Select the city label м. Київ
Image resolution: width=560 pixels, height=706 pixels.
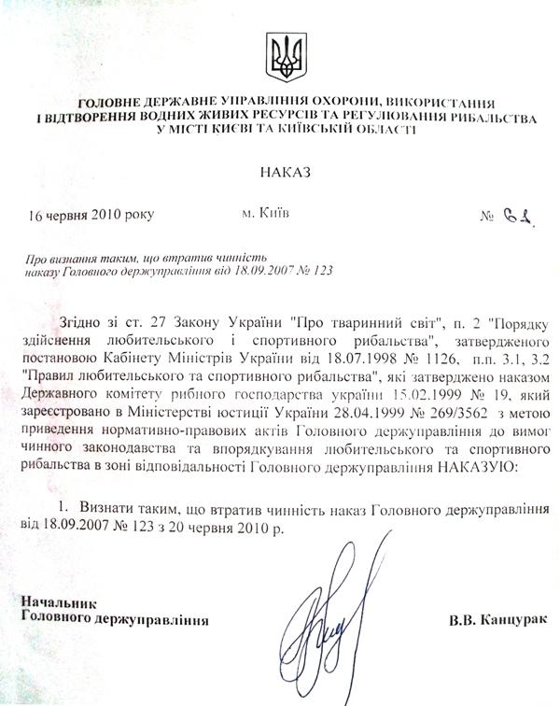(x=265, y=213)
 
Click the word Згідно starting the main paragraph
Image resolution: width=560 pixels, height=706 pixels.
(x=78, y=322)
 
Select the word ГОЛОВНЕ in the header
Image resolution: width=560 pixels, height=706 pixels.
(x=102, y=101)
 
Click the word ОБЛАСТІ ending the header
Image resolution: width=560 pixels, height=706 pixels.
(x=385, y=131)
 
